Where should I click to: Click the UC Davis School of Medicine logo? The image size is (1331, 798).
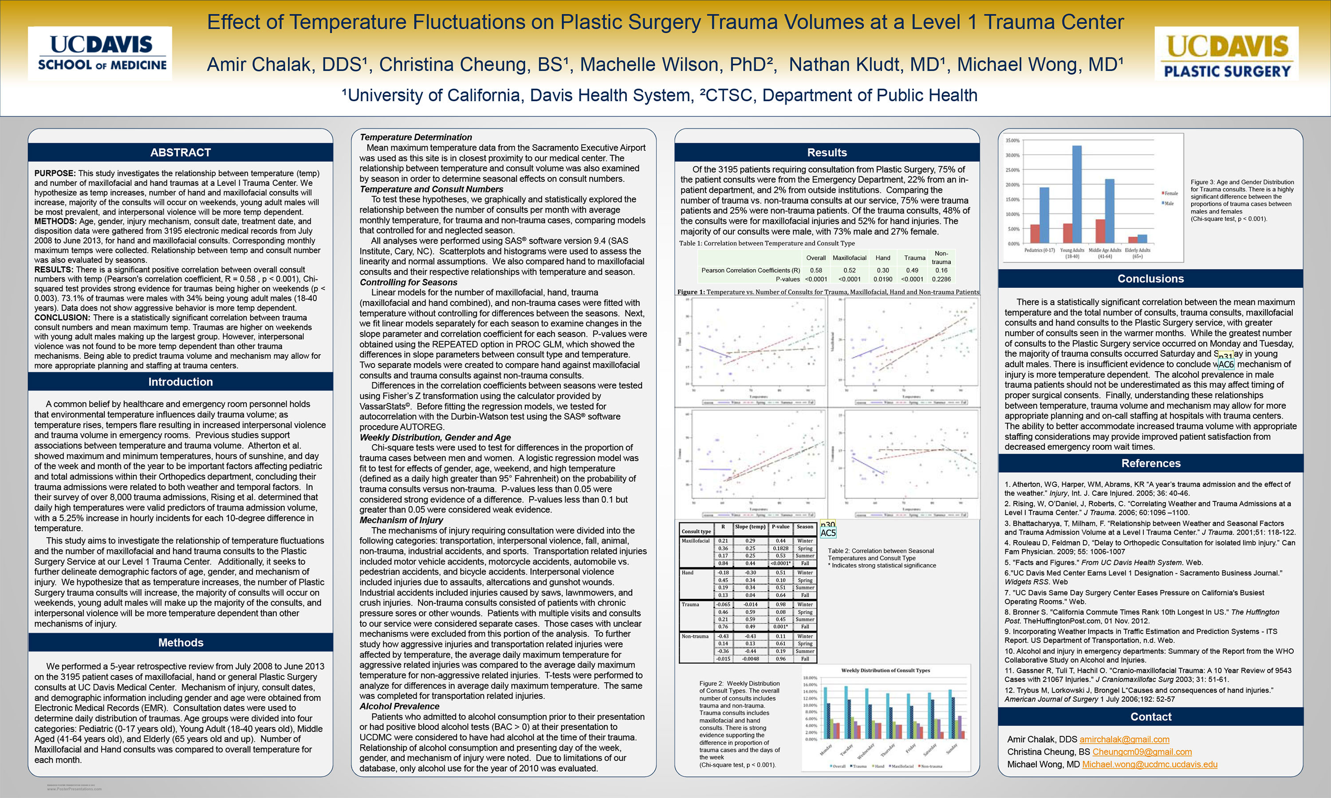pyautogui.click(x=100, y=54)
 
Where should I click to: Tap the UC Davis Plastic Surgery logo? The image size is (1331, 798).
pyautogui.click(x=1226, y=54)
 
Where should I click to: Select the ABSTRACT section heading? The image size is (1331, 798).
pyautogui.click(x=180, y=153)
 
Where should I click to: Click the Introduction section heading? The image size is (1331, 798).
pyautogui.click(x=180, y=382)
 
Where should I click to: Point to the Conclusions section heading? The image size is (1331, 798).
pyautogui.click(x=1150, y=278)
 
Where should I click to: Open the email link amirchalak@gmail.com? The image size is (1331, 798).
pyautogui.click(x=1124, y=739)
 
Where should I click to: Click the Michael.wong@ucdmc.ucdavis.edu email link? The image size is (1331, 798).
pyautogui.click(x=1149, y=764)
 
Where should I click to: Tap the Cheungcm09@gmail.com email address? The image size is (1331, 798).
pyautogui.click(x=1142, y=752)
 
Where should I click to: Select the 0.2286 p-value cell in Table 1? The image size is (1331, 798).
pyautogui.click(x=941, y=279)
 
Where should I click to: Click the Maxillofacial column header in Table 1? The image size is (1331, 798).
pyautogui.click(x=850, y=258)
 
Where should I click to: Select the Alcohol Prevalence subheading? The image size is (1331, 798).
pyautogui.click(x=399, y=706)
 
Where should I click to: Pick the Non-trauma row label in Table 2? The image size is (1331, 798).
pyautogui.click(x=695, y=637)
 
